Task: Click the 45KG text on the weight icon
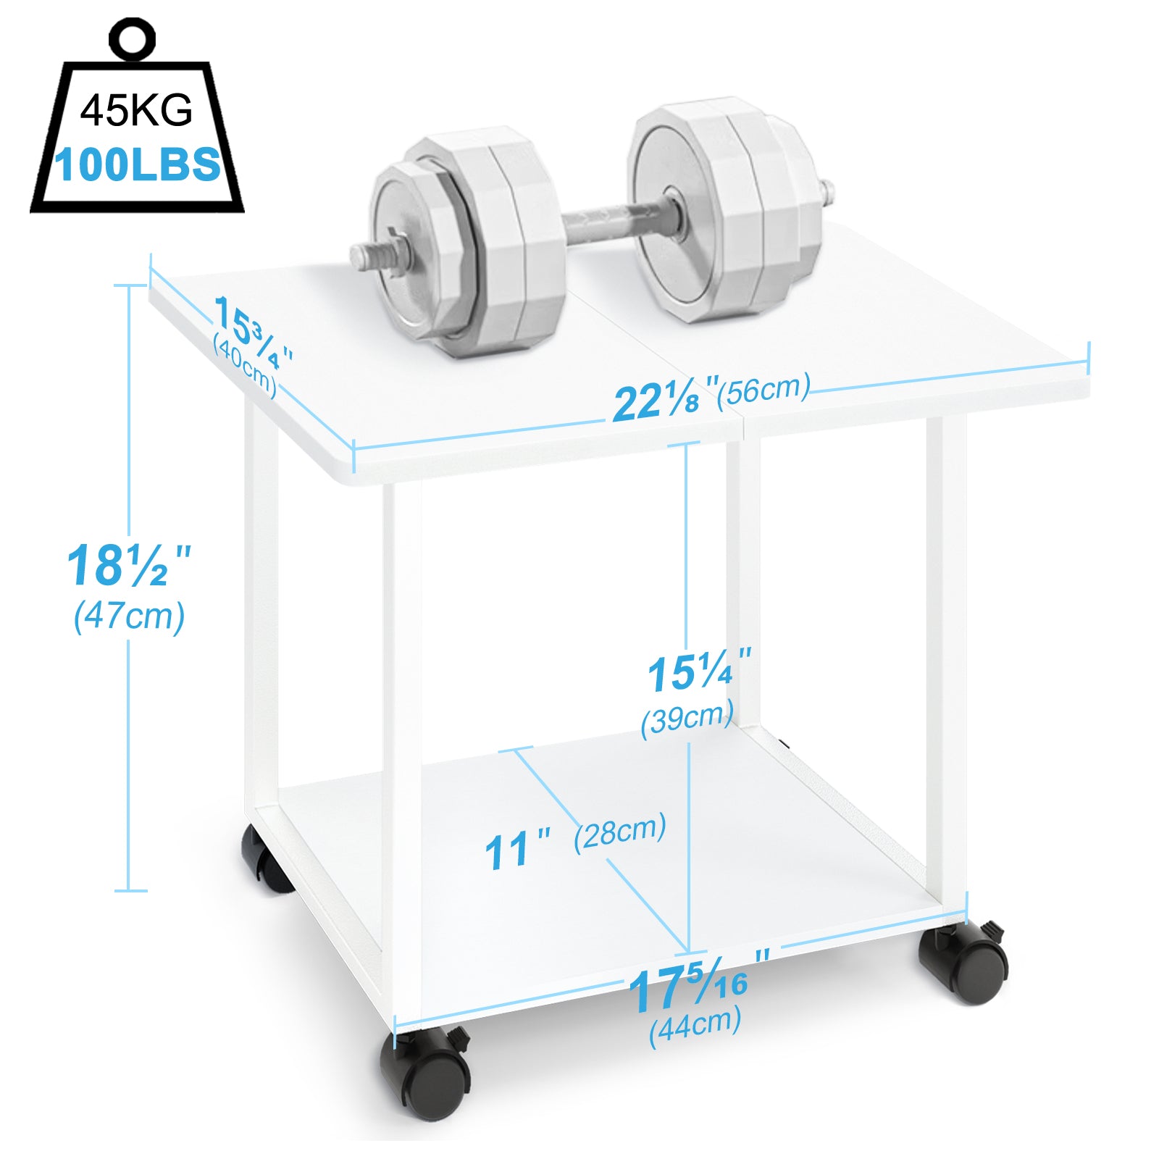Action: coord(136,110)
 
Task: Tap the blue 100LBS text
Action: coord(138,164)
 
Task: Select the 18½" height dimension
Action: coord(128,565)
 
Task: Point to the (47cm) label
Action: coord(130,616)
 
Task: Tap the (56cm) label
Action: coord(763,389)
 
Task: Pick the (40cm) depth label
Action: coord(245,365)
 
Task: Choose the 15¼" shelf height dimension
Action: coord(698,672)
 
